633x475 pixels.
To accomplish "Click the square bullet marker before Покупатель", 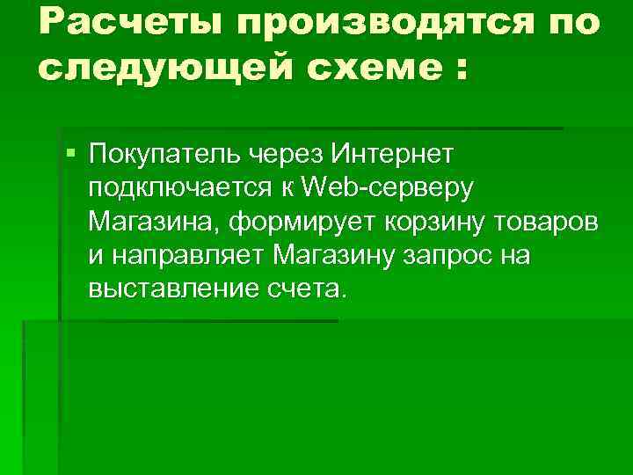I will click(71, 156).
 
